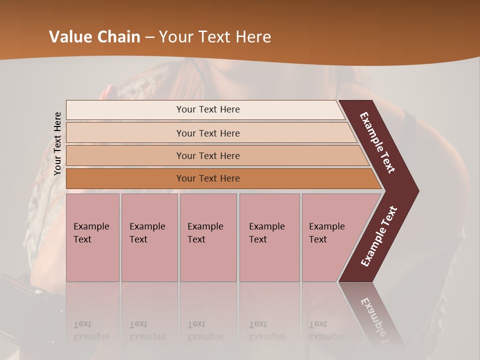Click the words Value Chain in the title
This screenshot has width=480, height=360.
pos(94,37)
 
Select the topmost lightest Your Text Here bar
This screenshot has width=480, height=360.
pos(207,109)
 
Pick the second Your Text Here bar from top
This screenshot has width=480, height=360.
pos(207,133)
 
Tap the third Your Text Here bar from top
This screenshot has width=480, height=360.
pos(207,155)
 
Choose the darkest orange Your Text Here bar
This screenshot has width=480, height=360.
pos(207,178)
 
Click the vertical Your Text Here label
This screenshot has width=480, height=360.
pos(57,143)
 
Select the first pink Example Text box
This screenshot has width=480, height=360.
pos(92,237)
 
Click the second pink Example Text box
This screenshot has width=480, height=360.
pos(149,237)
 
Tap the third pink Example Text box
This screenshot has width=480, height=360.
pos(207,237)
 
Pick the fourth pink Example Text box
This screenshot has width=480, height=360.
pos(269,237)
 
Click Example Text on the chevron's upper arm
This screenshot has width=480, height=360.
pos(377,142)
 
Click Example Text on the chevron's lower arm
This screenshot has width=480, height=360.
pos(379,236)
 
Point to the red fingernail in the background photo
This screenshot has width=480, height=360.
pos(108,91)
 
